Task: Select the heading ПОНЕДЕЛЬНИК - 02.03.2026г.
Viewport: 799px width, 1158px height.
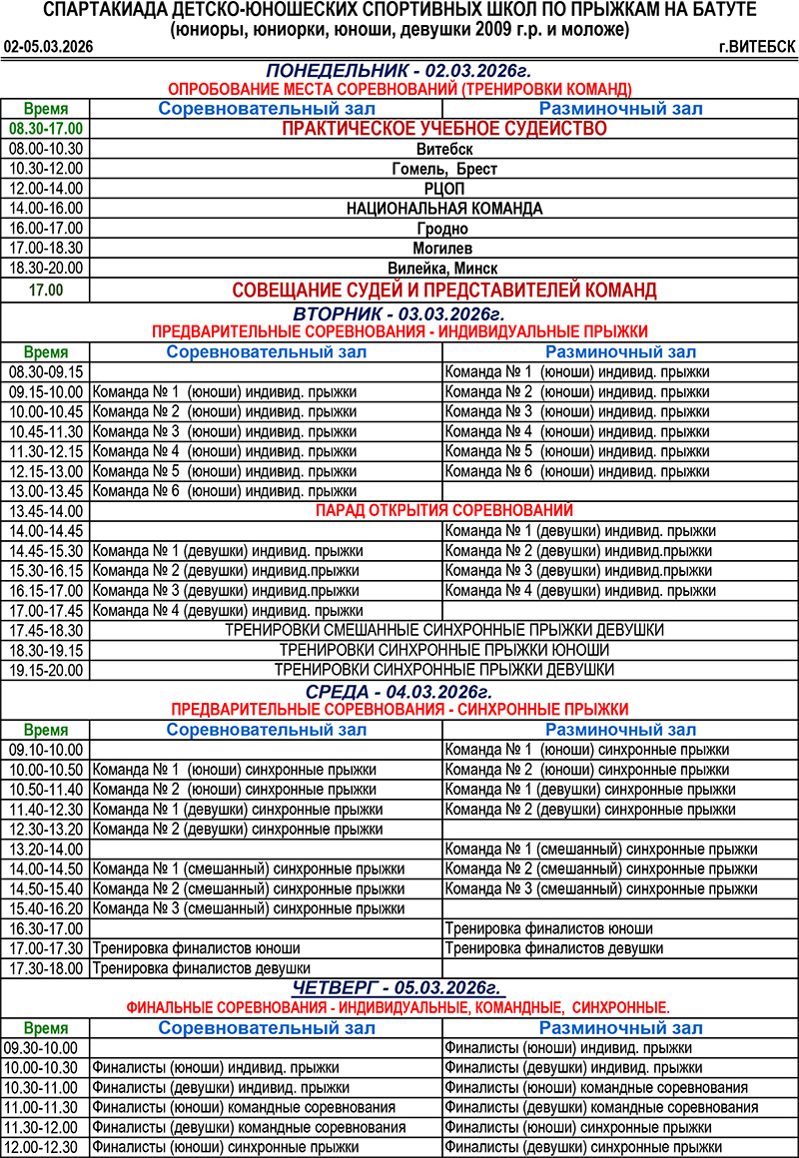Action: pos(399,71)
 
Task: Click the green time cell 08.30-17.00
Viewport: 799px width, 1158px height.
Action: pos(45,129)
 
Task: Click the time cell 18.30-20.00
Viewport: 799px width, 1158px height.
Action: pos(45,269)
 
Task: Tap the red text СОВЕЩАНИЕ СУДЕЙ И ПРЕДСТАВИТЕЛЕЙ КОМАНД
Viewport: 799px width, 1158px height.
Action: pos(443,290)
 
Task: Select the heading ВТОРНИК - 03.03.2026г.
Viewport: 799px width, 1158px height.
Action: pos(399,313)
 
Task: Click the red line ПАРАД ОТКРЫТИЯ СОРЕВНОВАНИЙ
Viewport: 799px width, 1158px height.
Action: pos(443,510)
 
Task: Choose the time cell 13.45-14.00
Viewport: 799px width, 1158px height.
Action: pos(45,510)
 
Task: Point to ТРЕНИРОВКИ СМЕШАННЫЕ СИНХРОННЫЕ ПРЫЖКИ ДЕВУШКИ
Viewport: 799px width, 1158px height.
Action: pos(443,630)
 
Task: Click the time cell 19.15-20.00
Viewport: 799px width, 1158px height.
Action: pos(45,670)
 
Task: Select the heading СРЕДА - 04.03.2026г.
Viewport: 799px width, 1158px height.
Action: pos(399,691)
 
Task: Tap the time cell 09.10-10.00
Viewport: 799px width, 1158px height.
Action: pos(45,750)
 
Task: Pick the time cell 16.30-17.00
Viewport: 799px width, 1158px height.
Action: pos(45,928)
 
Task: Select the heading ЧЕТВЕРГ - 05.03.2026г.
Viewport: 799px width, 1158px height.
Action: pos(399,988)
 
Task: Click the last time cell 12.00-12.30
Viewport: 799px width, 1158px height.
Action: pos(45,1147)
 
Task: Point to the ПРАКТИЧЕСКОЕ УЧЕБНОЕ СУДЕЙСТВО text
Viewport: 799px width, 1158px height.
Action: pos(443,129)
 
